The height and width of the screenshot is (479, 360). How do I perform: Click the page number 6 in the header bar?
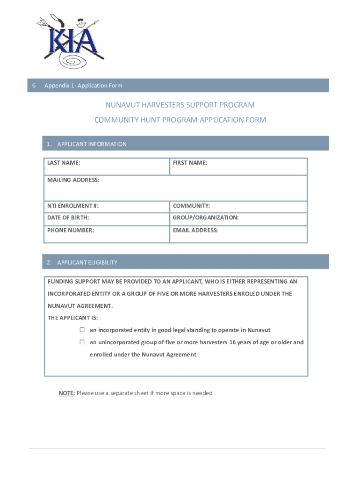[34, 86]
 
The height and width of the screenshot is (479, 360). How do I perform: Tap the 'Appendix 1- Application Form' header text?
[83, 86]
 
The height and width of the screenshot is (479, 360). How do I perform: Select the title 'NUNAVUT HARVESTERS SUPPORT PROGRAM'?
[180, 105]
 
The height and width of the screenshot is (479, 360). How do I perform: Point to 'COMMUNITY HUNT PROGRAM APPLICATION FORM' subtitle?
[180, 120]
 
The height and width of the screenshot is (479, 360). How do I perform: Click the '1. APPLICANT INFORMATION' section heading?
[87, 144]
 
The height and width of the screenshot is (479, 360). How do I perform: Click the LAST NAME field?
[106, 167]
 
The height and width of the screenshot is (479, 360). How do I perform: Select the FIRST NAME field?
[238, 167]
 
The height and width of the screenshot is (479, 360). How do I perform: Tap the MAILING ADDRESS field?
[175, 189]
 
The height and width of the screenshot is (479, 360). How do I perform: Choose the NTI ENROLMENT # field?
[106, 206]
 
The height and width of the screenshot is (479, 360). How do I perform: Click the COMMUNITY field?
[238, 206]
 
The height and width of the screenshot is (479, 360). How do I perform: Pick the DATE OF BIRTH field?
[106, 218]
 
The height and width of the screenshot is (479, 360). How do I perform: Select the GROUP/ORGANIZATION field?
[238, 218]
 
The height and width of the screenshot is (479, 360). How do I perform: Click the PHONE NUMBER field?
[106, 234]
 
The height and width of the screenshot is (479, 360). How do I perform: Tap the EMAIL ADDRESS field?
[238, 234]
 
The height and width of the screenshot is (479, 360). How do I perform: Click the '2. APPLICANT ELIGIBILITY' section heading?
[82, 262]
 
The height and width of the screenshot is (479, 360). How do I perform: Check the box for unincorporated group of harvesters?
[81, 342]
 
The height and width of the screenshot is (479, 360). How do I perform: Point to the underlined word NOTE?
[66, 393]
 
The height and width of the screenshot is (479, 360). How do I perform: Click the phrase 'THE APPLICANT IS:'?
[69, 318]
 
